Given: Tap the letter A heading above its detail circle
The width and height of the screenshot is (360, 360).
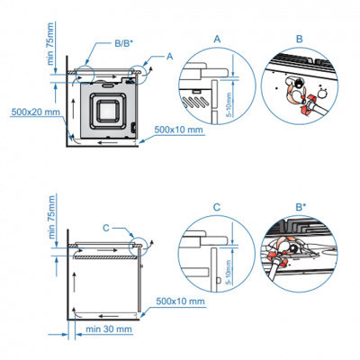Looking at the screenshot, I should tap(216, 39).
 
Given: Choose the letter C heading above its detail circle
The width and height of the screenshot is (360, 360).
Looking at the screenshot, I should tap(217, 207).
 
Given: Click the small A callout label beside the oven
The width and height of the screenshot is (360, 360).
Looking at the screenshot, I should tap(157, 55).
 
